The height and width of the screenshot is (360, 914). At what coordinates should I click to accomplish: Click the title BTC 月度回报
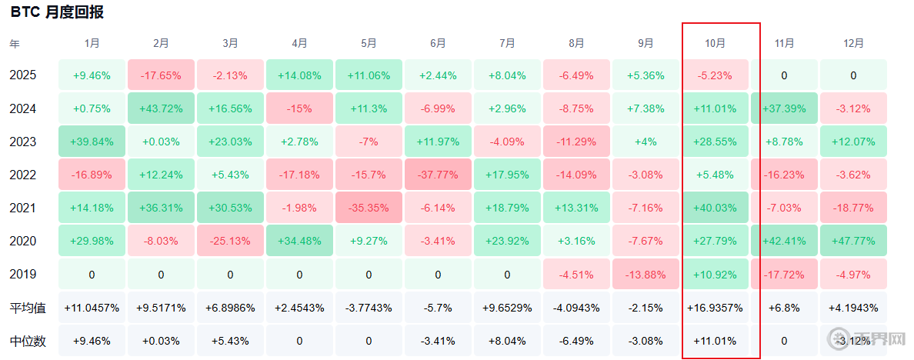coord(57,12)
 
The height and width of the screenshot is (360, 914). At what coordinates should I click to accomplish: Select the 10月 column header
coord(716,43)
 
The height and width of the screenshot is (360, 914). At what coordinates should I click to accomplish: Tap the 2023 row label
coord(23,142)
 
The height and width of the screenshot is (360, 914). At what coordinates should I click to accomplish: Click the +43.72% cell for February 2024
coord(161,108)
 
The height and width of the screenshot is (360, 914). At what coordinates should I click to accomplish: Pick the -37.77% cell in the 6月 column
coord(438,174)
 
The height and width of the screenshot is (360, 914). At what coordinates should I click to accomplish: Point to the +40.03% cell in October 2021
coord(716,208)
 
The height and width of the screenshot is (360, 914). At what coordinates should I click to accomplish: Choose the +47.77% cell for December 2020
coord(853,241)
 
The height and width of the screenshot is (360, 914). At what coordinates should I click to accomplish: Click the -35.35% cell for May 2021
coord(369,208)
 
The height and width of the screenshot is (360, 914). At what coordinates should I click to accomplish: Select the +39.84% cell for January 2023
coord(92,142)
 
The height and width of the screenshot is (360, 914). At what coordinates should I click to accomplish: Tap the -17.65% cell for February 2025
coord(161,75)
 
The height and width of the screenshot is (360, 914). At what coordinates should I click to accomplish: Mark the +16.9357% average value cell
coord(716,308)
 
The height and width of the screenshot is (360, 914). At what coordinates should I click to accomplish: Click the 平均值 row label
coord(28,308)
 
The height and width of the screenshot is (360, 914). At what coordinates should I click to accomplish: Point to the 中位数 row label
coord(28,341)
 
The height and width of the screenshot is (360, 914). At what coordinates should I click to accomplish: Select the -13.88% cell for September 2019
coord(645,275)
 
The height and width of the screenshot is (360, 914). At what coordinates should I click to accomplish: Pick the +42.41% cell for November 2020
coord(784,241)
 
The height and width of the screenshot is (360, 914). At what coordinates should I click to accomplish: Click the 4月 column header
coord(299,43)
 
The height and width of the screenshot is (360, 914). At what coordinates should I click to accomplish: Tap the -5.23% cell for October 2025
coord(716,75)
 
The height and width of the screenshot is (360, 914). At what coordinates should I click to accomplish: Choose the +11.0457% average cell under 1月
coord(92,308)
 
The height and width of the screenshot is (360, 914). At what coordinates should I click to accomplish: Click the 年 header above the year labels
coord(14,43)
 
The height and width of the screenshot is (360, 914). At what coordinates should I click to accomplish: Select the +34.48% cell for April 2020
coord(299,241)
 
